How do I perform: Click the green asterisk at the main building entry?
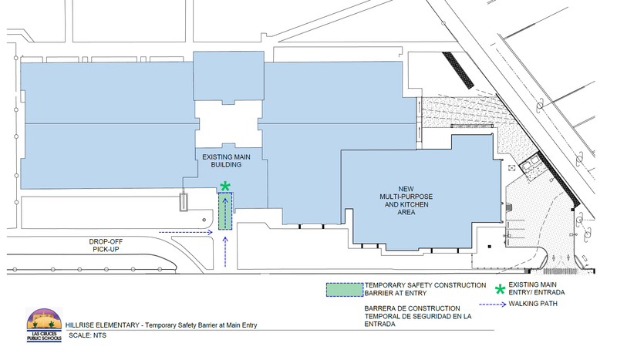coord(225,187)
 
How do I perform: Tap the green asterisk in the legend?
coord(500,290)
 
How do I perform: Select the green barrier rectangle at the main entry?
coord(225,211)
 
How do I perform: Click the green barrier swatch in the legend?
coord(345,290)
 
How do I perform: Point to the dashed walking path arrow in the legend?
coord(493,304)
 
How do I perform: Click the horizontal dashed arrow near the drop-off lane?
coord(186,233)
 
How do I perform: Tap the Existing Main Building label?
coord(226,161)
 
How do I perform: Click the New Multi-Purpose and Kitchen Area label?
coord(406,200)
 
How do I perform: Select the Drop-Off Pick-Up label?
coord(106,245)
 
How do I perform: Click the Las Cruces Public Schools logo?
coord(44,325)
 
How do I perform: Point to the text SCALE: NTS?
coord(87,335)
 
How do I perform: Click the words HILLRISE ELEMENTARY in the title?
coord(103,325)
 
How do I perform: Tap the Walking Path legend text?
coord(533,304)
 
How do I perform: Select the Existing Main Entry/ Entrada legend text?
coord(536,288)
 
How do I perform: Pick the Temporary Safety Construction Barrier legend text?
coord(425,289)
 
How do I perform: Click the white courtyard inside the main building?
coord(229,124)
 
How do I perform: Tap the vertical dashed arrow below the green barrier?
coord(225,252)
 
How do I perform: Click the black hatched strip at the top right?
coord(458,70)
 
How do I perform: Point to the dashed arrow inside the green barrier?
coord(225,213)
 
